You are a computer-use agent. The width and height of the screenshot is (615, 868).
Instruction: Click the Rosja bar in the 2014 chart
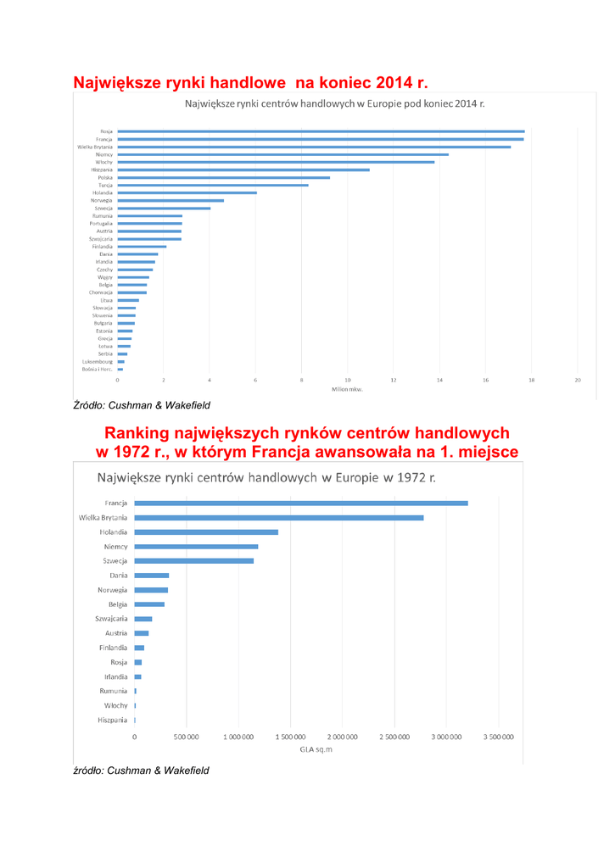click(321, 131)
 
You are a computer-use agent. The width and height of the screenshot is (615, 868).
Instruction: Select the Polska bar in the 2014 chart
click(223, 177)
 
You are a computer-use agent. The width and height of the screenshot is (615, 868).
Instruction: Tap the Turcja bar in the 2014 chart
click(212, 185)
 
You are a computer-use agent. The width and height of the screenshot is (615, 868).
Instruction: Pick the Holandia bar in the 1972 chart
click(206, 531)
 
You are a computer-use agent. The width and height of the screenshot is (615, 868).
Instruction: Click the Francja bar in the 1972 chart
click(301, 503)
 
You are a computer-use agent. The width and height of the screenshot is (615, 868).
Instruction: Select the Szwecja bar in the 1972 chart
click(193, 560)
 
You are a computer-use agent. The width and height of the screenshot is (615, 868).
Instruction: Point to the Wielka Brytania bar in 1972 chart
click(278, 517)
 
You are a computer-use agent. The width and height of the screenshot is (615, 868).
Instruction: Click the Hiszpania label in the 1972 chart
click(112, 720)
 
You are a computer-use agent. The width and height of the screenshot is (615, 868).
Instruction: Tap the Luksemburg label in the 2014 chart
click(98, 362)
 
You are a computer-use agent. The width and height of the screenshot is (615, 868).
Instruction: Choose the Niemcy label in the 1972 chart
click(115, 546)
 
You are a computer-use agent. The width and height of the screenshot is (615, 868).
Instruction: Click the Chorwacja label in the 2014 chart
click(100, 292)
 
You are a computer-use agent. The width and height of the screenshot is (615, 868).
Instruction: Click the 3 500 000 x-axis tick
click(498, 737)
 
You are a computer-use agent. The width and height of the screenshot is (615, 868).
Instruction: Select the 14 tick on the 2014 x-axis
click(439, 381)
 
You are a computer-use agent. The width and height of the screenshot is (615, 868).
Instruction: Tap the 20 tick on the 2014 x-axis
click(577, 381)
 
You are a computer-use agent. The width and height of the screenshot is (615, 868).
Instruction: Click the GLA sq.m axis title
click(316, 750)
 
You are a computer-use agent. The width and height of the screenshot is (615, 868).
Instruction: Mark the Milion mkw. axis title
click(347, 389)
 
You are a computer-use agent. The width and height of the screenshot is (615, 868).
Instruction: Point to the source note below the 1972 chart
click(141, 770)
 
